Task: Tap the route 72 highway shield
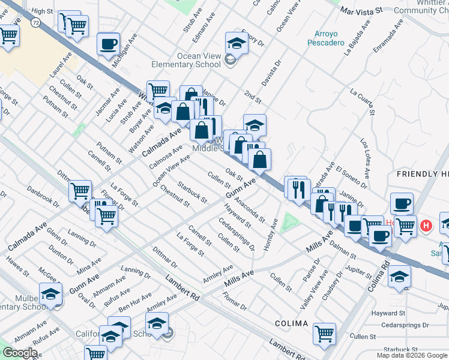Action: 35,21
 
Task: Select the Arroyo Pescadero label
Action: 326,38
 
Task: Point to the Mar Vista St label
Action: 361,11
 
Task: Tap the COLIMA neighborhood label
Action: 291,323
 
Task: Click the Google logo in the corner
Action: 19,352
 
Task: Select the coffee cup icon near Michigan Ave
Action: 108,45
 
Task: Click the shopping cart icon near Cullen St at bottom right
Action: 324,334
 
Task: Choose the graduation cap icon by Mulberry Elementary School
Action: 51,295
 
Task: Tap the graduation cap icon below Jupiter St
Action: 399,277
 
